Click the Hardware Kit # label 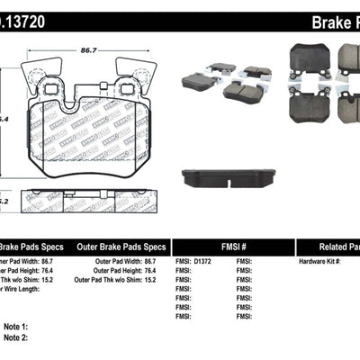coord(320,261)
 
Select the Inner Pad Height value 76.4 coord(65,270)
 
